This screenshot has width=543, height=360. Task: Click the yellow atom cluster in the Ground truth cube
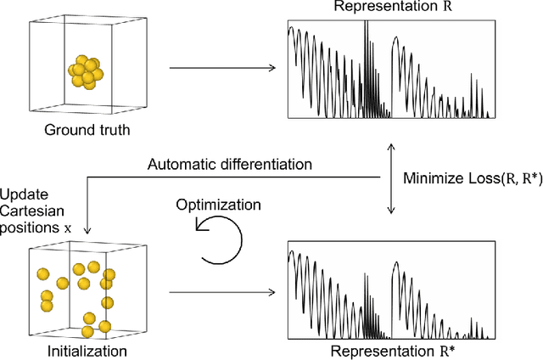85,73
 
